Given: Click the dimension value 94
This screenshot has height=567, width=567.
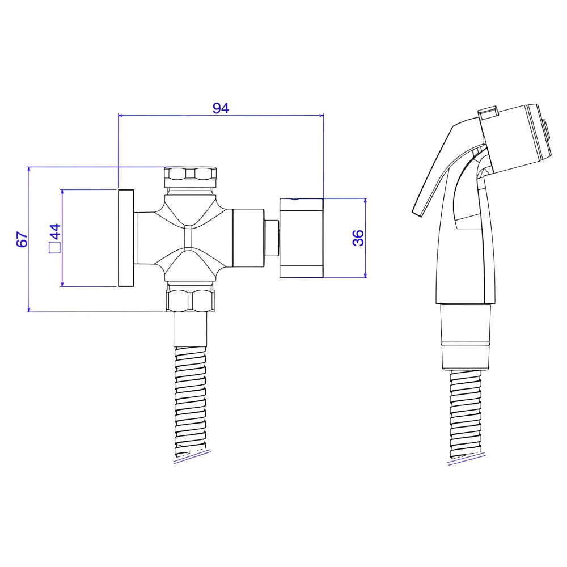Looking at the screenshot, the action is [x=221, y=108].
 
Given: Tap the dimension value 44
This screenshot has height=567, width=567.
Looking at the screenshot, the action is [x=56, y=232].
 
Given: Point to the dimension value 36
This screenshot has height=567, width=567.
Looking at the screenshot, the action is [x=358, y=238].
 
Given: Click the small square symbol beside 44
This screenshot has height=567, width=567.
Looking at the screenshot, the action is [x=54, y=248].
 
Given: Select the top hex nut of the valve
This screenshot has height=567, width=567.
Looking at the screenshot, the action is [x=190, y=174].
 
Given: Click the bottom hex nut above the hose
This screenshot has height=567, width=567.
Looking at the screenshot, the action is [x=191, y=301].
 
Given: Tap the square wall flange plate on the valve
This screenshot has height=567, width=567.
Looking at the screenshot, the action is [x=126, y=238].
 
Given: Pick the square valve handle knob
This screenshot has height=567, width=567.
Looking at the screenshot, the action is [x=301, y=238].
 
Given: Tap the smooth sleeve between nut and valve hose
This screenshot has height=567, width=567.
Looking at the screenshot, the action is [x=191, y=329].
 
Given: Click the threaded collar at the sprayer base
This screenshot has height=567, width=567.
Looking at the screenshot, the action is [x=466, y=337].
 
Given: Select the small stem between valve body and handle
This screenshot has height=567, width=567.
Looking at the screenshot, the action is [x=272, y=238].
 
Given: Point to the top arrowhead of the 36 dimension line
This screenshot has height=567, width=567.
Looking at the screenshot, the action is [x=366, y=201].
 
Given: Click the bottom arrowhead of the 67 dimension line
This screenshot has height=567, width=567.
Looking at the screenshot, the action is [x=28, y=308].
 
